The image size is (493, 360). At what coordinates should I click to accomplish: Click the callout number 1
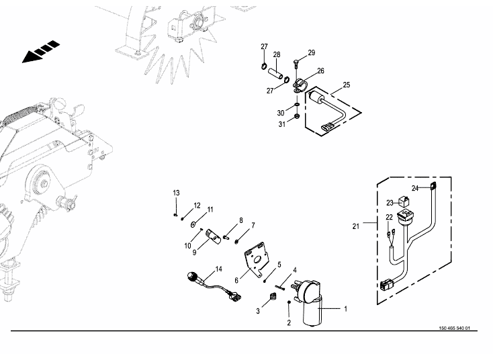click(x=346, y=310)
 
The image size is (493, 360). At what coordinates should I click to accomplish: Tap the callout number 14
click(x=218, y=269)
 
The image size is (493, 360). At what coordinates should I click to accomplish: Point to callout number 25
click(x=347, y=85)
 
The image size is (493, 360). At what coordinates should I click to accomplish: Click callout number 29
click(x=312, y=52)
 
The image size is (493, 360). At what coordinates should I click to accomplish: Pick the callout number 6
click(x=236, y=280)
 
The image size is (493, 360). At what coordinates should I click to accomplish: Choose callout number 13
click(x=177, y=193)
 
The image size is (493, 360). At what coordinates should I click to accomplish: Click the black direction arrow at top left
click(x=40, y=53)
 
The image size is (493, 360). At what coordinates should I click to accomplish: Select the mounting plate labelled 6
click(x=257, y=259)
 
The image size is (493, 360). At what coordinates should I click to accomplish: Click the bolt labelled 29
click(x=296, y=68)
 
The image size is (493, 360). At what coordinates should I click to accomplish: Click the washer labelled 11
click(x=193, y=224)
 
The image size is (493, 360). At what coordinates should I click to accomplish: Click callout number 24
click(x=415, y=189)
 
